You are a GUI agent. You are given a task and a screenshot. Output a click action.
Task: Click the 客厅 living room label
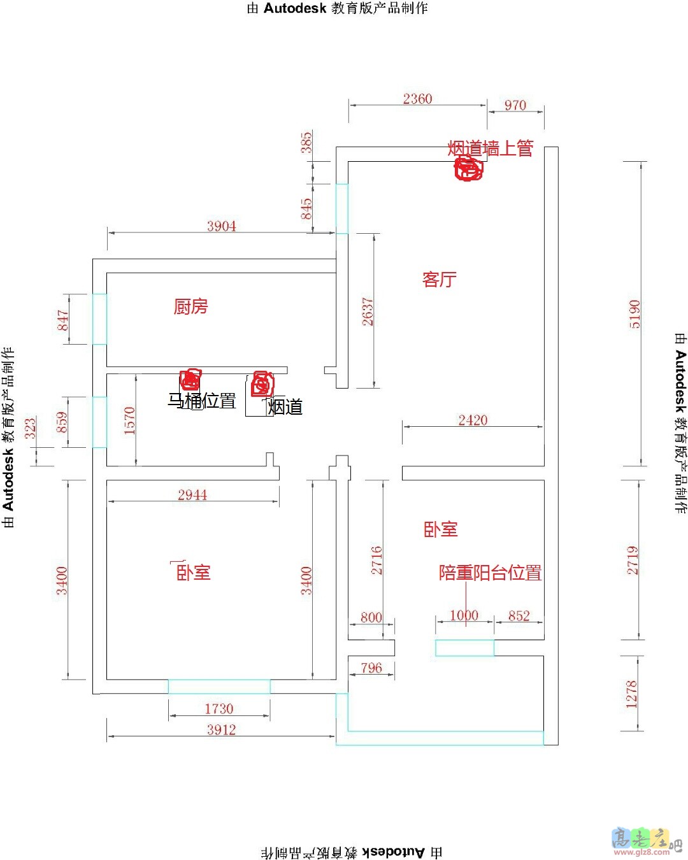tap(439, 279)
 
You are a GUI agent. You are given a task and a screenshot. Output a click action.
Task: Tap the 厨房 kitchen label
tap(190, 306)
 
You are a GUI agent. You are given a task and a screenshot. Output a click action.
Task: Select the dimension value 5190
tap(634, 314)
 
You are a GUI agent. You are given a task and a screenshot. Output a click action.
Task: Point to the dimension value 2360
tap(417, 99)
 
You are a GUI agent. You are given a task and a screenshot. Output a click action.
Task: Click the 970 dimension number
tap(515, 105)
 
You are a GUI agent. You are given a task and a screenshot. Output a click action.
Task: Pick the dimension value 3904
tap(222, 226)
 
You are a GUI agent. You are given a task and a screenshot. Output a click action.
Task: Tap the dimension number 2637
tap(368, 312)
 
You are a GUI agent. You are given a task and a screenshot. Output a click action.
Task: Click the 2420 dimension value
tap(473, 420)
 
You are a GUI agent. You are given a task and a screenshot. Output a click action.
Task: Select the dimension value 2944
tap(192, 495)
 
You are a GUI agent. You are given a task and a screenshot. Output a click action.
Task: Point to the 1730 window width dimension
tap(219, 709)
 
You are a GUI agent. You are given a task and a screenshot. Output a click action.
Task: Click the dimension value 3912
tap(222, 729)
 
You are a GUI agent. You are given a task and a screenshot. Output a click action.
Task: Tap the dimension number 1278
tap(631, 694)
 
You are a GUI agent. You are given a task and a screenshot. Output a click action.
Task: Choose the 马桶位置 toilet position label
tap(202, 401)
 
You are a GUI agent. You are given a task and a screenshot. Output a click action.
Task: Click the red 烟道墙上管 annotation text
tap(490, 148)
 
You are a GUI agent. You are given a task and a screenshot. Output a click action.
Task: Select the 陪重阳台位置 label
tap(490, 572)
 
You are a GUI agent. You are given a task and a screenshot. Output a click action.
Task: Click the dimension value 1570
tap(129, 420)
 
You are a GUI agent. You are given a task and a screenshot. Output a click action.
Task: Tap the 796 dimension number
tap(371, 668)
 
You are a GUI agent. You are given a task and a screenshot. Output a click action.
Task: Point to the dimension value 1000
tap(464, 615)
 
